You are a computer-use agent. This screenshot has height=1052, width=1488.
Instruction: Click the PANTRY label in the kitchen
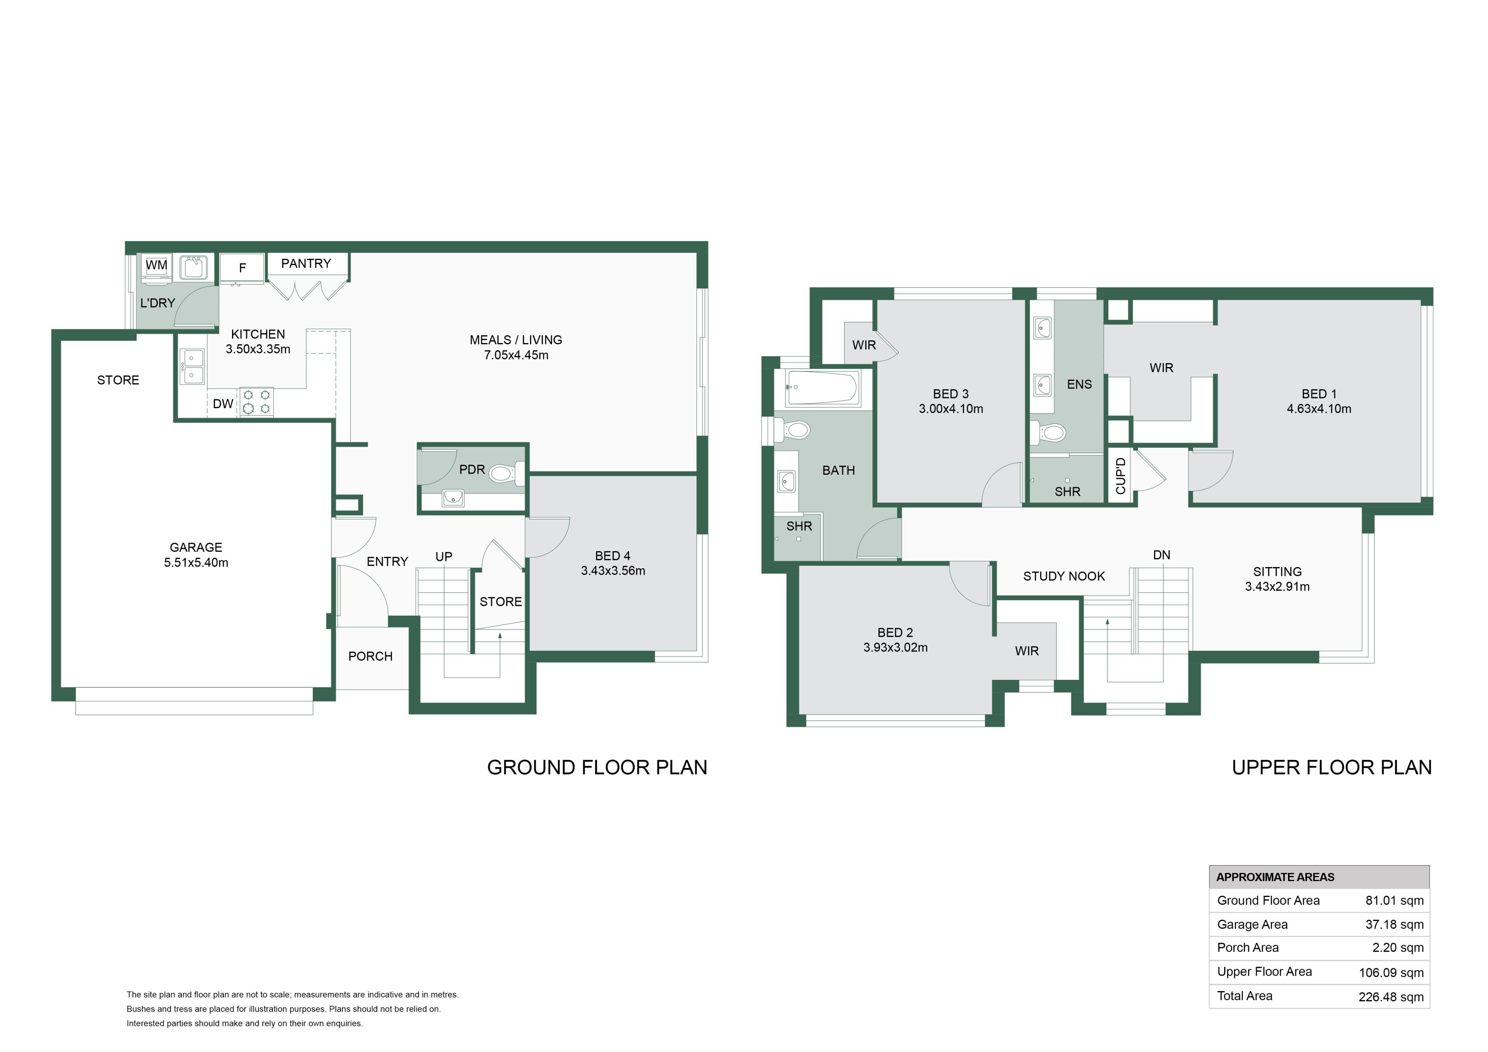pyautogui.click(x=306, y=263)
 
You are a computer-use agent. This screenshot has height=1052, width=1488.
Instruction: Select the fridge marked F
pyautogui.click(x=243, y=268)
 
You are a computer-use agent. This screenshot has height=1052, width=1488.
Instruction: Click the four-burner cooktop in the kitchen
pyautogui.click(x=257, y=402)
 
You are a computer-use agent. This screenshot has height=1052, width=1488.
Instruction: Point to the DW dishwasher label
pyautogui.click(x=223, y=404)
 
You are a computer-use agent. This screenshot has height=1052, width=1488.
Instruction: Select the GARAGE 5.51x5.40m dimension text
pyautogui.click(x=196, y=562)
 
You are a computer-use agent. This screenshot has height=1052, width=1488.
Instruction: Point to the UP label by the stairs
pyautogui.click(x=444, y=556)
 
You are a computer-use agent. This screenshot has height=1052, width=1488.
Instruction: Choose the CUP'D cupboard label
pyautogui.click(x=1121, y=476)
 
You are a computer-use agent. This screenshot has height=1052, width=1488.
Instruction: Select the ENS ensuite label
pyautogui.click(x=1079, y=385)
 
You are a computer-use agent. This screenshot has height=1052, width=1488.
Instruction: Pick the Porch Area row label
pyautogui.click(x=1248, y=948)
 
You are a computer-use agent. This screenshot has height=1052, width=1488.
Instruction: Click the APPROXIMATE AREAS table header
pyautogui.click(x=1275, y=877)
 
